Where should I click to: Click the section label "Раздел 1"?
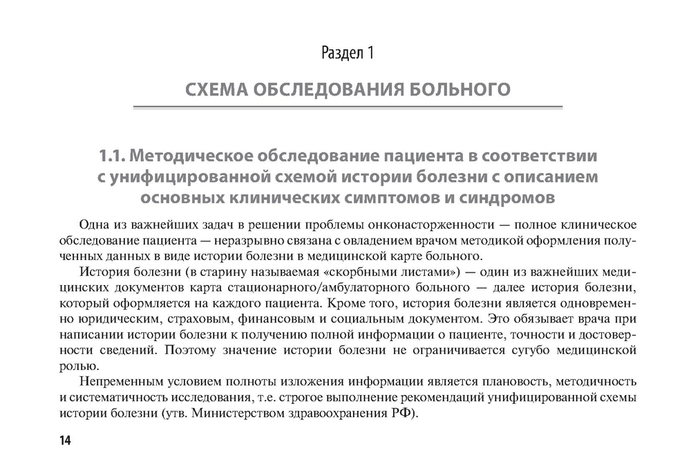pos(348,53)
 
